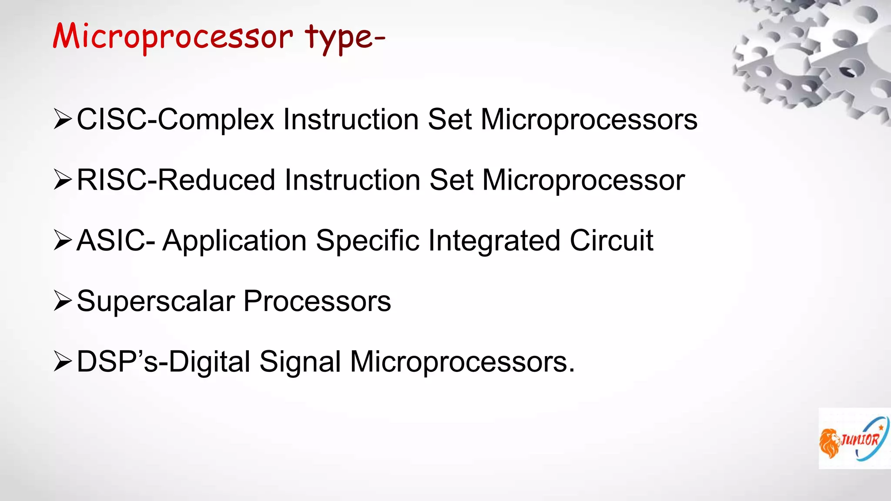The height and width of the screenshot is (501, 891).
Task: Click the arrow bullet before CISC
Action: click(x=62, y=120)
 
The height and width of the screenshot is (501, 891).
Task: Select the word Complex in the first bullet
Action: click(x=216, y=120)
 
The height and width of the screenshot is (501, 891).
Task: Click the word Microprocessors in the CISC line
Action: click(x=589, y=120)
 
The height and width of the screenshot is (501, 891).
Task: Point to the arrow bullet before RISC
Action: click(x=62, y=180)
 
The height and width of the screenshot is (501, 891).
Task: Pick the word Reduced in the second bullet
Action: click(x=216, y=180)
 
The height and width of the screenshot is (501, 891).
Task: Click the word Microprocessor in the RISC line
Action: click(x=583, y=180)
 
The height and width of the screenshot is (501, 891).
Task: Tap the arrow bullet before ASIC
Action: click(x=62, y=240)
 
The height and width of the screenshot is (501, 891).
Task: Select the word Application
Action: click(x=234, y=241)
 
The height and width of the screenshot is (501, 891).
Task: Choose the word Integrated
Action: click(x=494, y=241)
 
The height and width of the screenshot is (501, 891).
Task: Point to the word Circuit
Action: click(x=611, y=240)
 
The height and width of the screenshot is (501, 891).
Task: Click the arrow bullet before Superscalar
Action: click(x=62, y=301)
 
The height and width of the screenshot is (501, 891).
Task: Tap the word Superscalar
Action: click(x=156, y=301)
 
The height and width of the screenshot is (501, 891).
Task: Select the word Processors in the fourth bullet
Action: click(x=317, y=301)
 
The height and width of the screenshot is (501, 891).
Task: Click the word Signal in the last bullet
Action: click(x=300, y=362)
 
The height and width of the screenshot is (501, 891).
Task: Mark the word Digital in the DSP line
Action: click(x=209, y=362)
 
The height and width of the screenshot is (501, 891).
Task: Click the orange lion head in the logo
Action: click(x=829, y=443)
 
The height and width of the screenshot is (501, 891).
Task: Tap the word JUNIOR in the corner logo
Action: click(x=860, y=440)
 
